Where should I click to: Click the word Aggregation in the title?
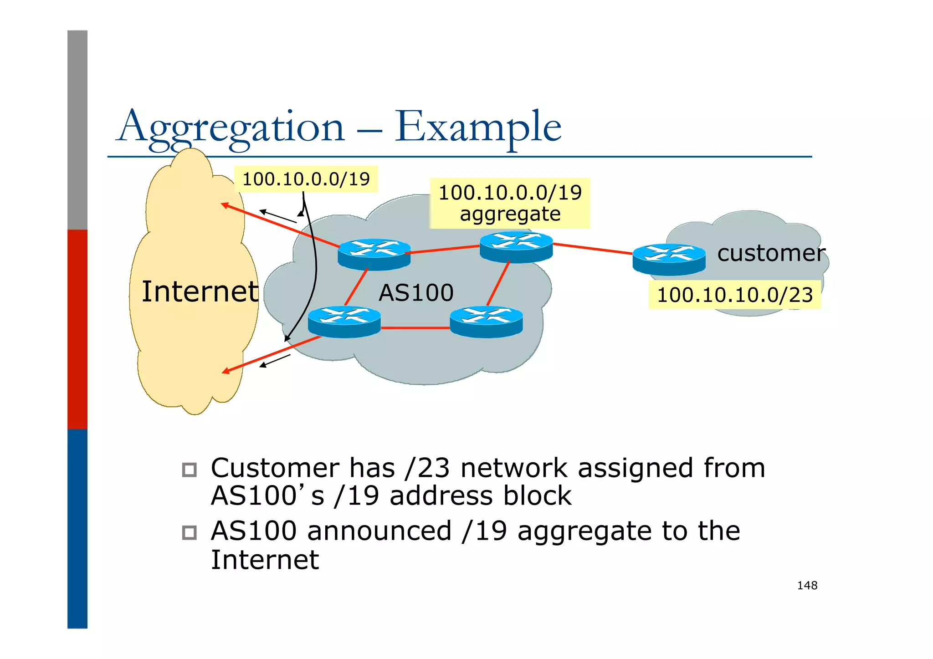tap(231, 128)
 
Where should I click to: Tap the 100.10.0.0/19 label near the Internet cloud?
tap(306, 179)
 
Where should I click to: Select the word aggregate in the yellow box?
tap(510, 214)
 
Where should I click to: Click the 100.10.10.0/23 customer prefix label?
tap(734, 295)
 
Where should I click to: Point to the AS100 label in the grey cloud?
tap(416, 293)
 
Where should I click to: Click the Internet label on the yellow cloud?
tap(200, 291)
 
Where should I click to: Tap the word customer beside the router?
tap(771, 253)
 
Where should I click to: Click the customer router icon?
tap(669, 259)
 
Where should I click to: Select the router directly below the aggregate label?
tap(516, 247)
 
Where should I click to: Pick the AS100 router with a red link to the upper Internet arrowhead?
tap(374, 254)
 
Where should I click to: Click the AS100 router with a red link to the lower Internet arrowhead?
tap(344, 322)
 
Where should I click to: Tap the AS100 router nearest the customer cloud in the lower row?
tap(486, 322)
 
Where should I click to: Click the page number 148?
tap(807, 586)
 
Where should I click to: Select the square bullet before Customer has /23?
tap(189, 470)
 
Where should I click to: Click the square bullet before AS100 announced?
tap(189, 532)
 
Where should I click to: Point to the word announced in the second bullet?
tap(379, 531)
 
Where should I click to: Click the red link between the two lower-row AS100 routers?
tap(415, 327)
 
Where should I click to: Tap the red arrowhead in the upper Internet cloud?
tap(224, 205)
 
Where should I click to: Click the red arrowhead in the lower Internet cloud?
tap(225, 372)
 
